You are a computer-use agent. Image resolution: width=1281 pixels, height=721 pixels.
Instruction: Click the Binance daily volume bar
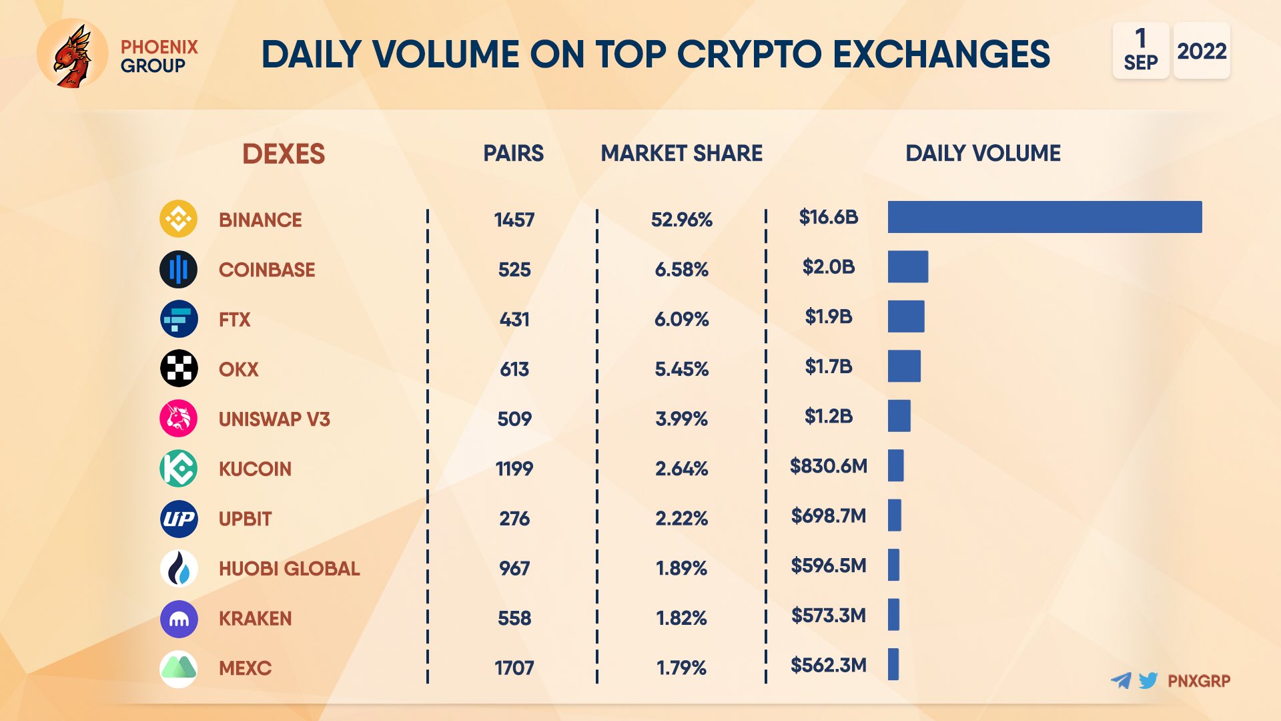click(1044, 217)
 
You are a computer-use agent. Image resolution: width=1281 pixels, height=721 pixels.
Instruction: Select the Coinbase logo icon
click(178, 269)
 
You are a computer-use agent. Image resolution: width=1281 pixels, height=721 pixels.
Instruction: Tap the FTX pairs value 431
click(514, 319)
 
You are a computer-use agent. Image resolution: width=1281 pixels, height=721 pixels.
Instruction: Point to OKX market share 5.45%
click(681, 369)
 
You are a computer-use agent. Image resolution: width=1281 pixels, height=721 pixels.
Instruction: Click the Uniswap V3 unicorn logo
click(178, 419)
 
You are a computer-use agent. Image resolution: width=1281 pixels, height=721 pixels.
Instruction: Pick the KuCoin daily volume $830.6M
click(828, 465)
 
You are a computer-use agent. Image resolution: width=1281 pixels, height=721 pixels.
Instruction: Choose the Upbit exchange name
click(245, 519)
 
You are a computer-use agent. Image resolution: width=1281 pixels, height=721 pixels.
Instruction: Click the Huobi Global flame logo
click(178, 568)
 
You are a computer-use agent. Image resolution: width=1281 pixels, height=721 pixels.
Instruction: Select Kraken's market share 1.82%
click(681, 618)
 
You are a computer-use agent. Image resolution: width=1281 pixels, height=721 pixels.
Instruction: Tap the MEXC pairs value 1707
click(514, 668)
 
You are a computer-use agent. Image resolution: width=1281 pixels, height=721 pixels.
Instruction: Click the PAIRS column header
click(513, 153)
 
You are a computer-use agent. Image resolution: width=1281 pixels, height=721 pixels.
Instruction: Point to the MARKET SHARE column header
click(681, 153)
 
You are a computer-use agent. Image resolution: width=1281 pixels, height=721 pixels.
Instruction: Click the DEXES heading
click(284, 154)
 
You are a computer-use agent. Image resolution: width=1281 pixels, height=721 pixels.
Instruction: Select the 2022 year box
click(1202, 51)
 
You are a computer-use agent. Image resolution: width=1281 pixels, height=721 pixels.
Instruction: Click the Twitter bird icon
click(1148, 680)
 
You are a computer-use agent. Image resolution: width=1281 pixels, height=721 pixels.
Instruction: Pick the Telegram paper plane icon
click(1122, 680)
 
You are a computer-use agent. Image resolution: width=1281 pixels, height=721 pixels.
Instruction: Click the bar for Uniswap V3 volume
click(899, 416)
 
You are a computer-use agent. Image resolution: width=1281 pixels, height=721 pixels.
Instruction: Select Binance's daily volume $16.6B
click(828, 217)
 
